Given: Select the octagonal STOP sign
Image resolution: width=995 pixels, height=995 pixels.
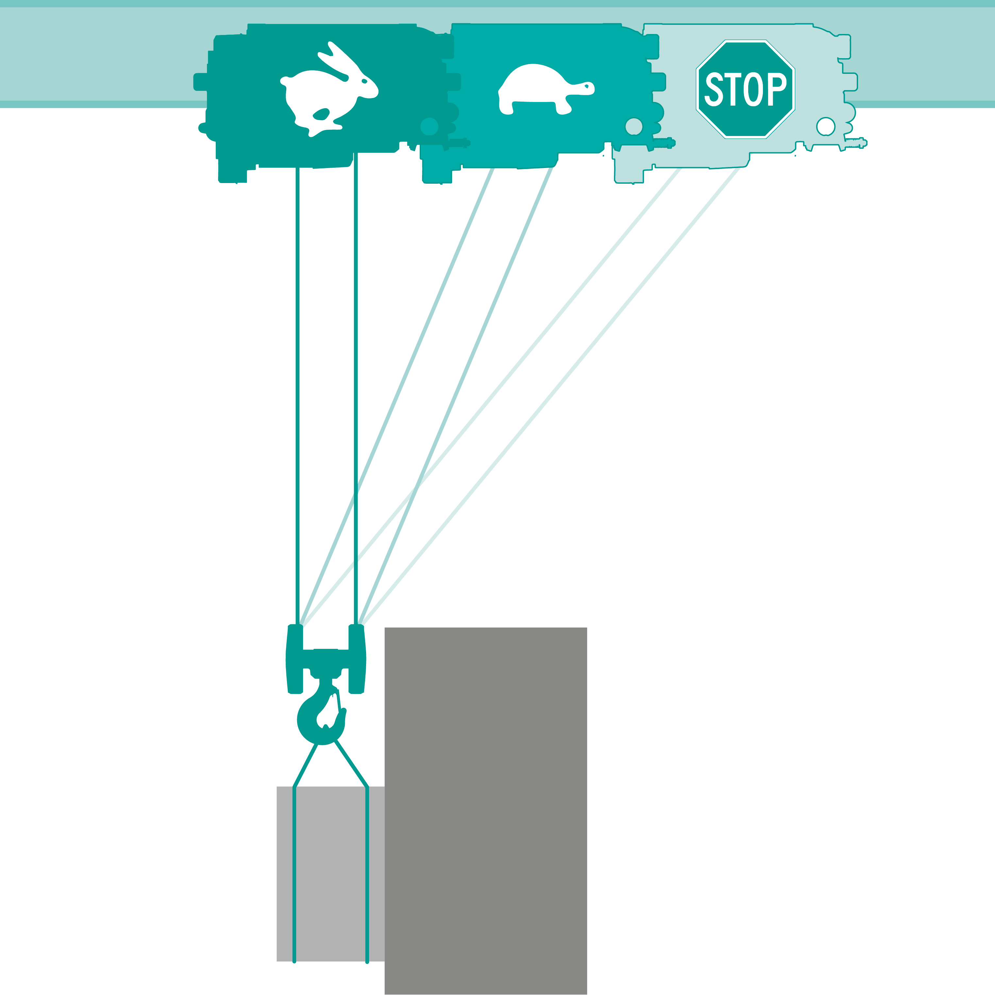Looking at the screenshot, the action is tap(745, 89).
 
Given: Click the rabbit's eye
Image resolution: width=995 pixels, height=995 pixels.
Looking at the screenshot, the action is tap(364, 81).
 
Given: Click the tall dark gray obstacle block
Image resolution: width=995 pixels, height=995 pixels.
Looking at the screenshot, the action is tap(486, 811).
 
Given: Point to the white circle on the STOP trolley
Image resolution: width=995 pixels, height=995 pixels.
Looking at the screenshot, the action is tap(826, 126).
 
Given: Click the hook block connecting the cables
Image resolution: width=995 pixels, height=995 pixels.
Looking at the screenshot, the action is tap(326, 660).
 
